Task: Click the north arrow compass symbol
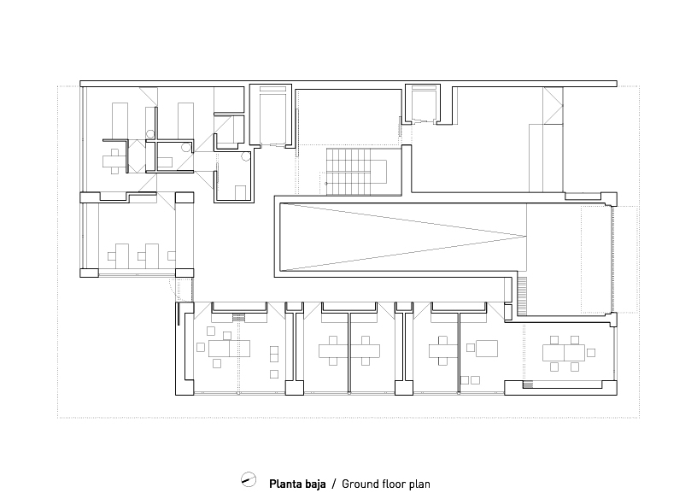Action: pyautogui.click(x=249, y=479)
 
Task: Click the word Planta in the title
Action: pyautogui.click(x=284, y=484)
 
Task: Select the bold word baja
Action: pyautogui.click(x=314, y=484)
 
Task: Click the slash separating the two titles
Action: pyautogui.click(x=334, y=484)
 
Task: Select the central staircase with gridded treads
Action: pyautogui.click(x=349, y=172)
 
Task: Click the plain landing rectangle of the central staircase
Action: pyautogui.click(x=378, y=172)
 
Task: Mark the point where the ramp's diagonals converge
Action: pyautogui.click(x=526, y=236)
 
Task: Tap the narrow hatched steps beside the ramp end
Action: pyautogui.click(x=522, y=296)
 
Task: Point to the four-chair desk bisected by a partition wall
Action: pyautogui.click(x=349, y=351)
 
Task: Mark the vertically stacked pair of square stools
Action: pyautogui.click(x=274, y=354)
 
